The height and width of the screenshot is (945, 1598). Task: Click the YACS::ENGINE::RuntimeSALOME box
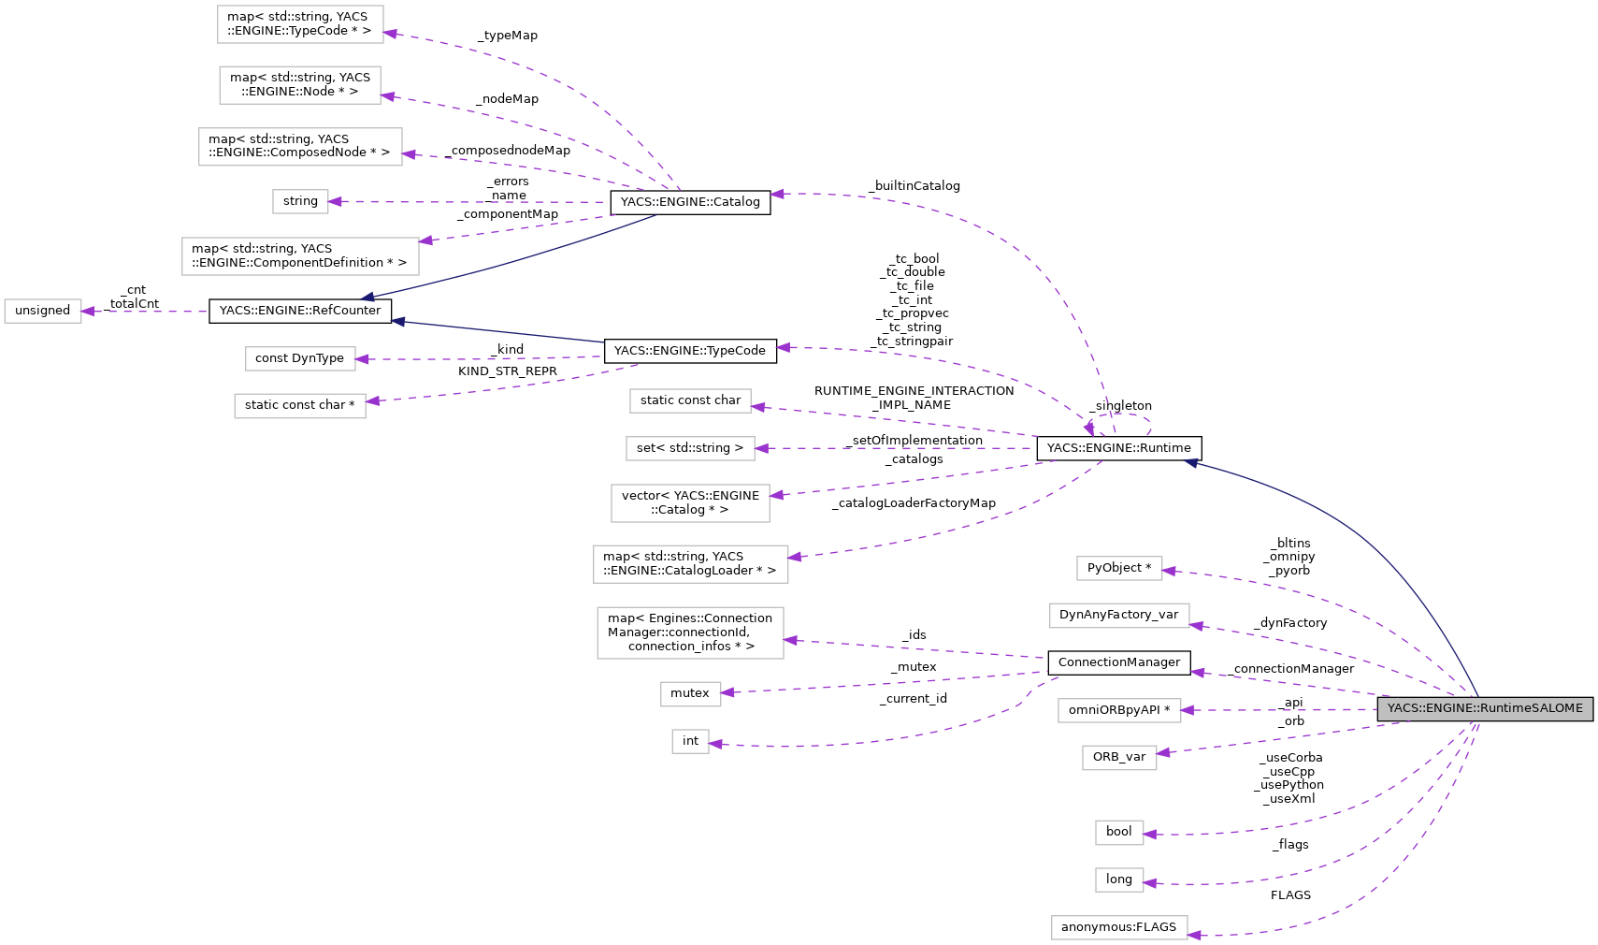point(1484,708)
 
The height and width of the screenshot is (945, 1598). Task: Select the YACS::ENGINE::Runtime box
point(1118,448)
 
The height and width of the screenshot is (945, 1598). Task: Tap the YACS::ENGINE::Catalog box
point(689,202)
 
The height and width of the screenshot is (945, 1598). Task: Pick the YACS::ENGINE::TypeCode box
point(689,351)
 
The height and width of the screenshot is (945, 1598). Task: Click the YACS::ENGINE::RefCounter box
point(299,311)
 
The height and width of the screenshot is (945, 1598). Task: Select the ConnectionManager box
point(1118,662)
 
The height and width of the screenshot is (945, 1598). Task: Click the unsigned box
point(42,311)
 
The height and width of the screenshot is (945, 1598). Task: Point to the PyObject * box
point(1118,568)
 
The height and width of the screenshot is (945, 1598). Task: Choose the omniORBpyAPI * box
point(1118,710)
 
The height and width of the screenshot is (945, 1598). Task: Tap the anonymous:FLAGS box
point(1118,927)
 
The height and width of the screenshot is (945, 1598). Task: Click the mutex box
point(689,693)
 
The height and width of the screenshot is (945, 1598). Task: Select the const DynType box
point(299,358)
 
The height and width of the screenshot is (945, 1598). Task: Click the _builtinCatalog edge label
point(914,186)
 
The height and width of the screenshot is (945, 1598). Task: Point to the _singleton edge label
point(1121,406)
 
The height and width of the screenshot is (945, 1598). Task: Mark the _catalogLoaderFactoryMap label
point(914,503)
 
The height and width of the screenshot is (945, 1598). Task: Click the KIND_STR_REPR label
point(507,371)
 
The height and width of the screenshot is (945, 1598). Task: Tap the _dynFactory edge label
point(1291,623)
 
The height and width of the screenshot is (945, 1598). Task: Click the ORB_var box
point(1118,757)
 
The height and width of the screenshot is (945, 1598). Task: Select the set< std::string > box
point(689,448)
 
